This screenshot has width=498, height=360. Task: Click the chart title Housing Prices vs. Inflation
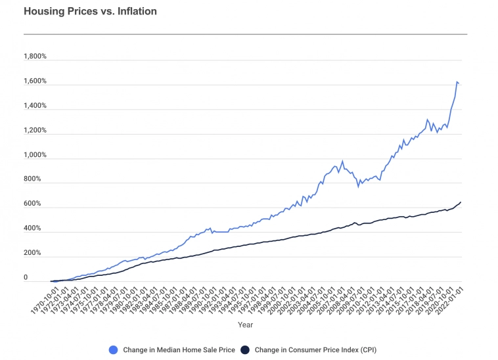coord(90,12)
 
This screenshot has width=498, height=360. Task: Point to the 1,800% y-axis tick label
coord(35,56)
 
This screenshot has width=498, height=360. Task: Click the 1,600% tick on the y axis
coord(35,81)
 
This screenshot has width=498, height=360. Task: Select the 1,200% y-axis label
coord(35,131)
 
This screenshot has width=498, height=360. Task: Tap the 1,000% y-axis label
coord(35,156)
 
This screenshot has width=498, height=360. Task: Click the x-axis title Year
coord(244,325)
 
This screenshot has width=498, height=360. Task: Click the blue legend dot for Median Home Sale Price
coord(114,349)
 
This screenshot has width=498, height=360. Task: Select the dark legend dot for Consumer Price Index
coord(245,349)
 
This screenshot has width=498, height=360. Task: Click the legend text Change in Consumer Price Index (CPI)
coord(315,349)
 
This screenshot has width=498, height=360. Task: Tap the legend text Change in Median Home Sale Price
coord(179,349)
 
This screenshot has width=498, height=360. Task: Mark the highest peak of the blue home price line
coord(457,81)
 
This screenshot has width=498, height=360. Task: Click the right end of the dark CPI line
coord(461,202)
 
